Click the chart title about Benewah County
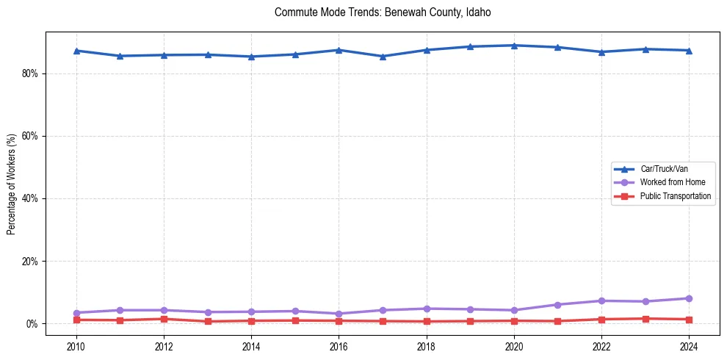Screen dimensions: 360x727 click(x=382, y=12)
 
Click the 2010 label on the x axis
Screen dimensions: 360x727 click(x=76, y=346)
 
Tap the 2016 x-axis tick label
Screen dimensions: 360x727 click(x=339, y=346)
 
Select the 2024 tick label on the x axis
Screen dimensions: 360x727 click(x=689, y=346)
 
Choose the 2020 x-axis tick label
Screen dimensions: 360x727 click(x=514, y=346)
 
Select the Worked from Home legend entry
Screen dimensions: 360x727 click(x=671, y=182)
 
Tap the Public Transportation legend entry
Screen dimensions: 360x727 click(x=675, y=196)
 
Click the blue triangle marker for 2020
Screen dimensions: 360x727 click(x=514, y=46)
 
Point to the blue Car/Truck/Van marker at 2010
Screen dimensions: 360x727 click(x=76, y=51)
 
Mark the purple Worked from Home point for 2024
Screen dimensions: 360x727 click(x=689, y=298)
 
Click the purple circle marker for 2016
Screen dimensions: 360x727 click(x=339, y=314)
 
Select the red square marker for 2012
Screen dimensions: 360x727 click(x=164, y=319)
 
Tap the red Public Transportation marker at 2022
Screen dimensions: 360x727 click(x=601, y=320)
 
